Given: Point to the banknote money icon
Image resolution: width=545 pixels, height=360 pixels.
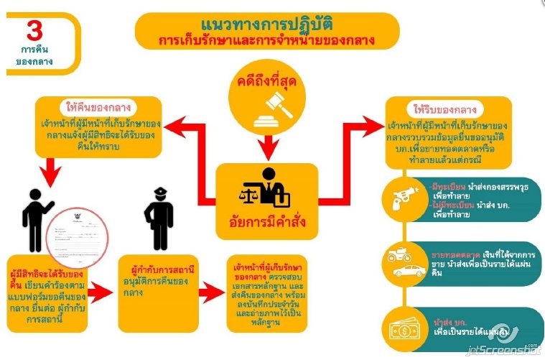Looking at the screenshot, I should click(x=404, y=330).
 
